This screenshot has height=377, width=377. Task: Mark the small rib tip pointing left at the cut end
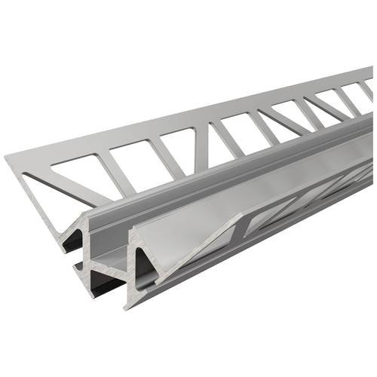pos(76,265)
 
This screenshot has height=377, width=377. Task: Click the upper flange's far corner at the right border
pos(372,69)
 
